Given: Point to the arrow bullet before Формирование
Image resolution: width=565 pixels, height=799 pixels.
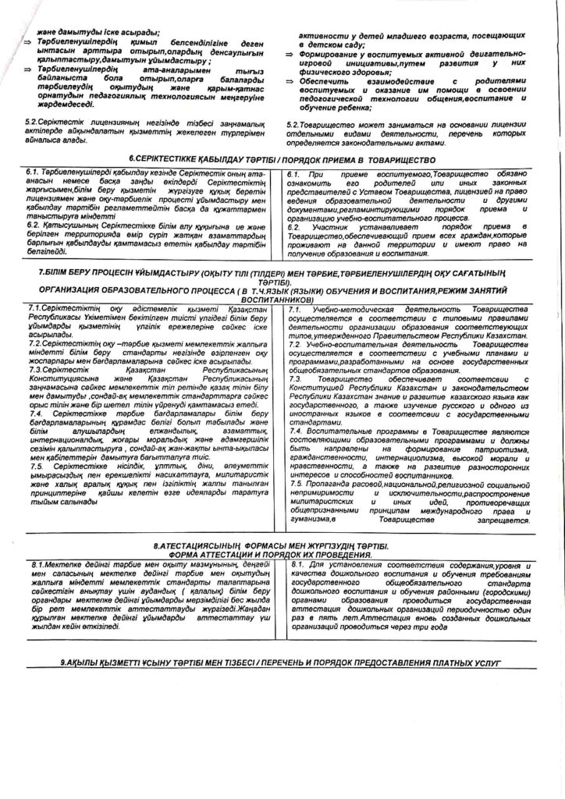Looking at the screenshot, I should tap(288, 53).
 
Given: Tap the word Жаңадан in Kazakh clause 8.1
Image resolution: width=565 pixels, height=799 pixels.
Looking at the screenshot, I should tap(251, 608).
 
